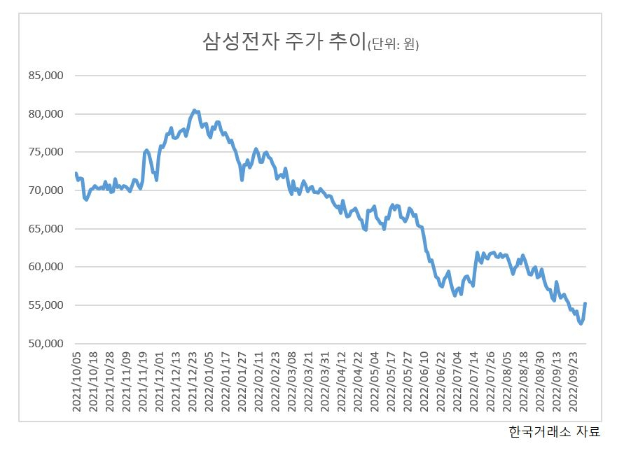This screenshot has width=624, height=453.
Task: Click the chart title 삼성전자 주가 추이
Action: click(x=284, y=41)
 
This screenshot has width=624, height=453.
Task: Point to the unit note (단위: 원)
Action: click(x=393, y=43)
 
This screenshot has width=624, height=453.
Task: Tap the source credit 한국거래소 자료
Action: click(x=555, y=431)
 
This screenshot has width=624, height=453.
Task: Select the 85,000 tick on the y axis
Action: click(x=46, y=75)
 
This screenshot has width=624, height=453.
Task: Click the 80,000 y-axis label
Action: click(x=46, y=113)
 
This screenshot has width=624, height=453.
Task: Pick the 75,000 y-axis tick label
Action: click(x=46, y=152)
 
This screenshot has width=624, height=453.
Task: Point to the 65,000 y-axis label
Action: click(x=46, y=229)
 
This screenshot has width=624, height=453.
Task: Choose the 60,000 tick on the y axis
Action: click(x=46, y=267)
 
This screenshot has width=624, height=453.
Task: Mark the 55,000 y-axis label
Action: click(x=46, y=305)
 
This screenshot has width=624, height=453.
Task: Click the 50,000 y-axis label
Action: click(x=46, y=344)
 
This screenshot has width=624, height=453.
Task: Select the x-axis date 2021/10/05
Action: click(x=76, y=382)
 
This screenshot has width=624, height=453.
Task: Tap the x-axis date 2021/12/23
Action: click(x=193, y=382)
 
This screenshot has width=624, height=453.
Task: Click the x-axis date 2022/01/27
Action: click(x=242, y=382)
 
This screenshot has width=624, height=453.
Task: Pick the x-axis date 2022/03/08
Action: click(x=292, y=382)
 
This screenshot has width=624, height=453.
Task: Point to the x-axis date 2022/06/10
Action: click(x=424, y=382)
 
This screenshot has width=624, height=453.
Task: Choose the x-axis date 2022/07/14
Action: click(x=474, y=382)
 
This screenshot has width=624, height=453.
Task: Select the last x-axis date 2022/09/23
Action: click(x=574, y=382)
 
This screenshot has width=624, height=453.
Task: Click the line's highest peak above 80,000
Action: click(x=194, y=110)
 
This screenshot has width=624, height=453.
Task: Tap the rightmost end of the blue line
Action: click(x=585, y=303)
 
